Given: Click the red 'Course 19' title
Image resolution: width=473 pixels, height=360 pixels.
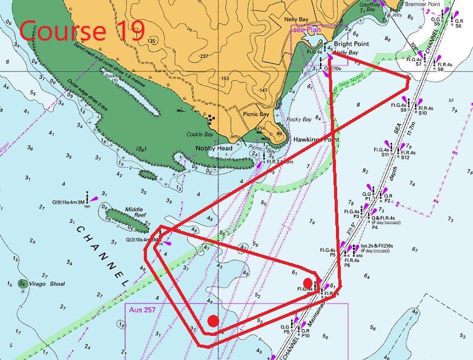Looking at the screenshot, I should pyautogui.click(x=83, y=30).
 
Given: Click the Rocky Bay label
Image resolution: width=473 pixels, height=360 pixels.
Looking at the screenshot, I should pyautogui.click(x=299, y=119).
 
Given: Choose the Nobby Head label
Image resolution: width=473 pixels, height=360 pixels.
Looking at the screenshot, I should pyautogui.click(x=213, y=148).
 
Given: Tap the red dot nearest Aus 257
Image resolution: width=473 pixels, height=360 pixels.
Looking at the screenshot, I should pyautogui.click(x=213, y=320).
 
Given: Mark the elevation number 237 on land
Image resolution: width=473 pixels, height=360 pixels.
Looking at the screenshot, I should pyautogui.click(x=203, y=56).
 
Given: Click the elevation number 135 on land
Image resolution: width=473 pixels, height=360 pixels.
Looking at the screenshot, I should pyautogui.click(x=151, y=41).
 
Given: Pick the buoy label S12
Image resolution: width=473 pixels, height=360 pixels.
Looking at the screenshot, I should pyautogui.click(x=406, y=158).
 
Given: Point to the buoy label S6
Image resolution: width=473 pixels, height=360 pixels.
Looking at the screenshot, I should pyautogui.click(x=458, y=27).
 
